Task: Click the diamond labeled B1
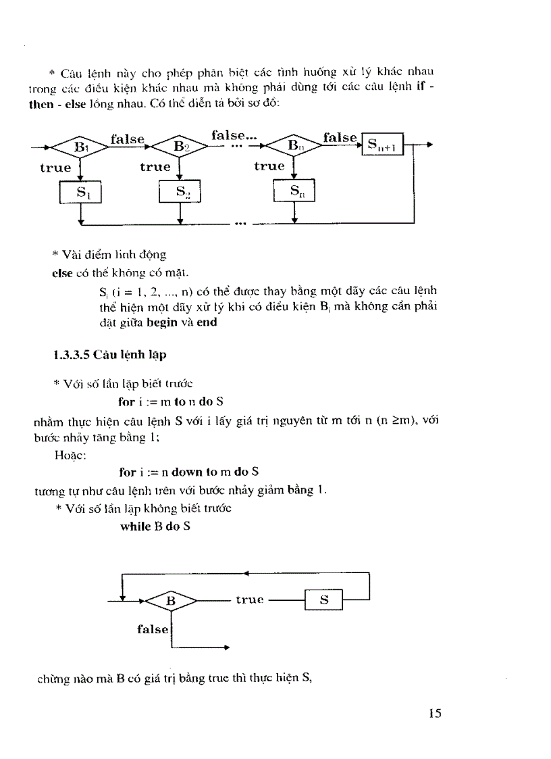point(80,147)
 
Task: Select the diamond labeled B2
point(179,147)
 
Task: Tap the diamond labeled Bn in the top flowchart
point(293,146)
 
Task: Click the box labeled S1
point(80,193)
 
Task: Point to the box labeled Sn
point(294,192)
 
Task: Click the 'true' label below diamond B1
point(55,168)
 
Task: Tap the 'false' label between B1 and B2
point(128,139)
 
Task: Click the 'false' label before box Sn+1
point(340,137)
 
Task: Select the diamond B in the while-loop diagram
point(171,600)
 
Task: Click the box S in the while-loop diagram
point(323,599)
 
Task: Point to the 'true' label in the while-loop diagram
point(249,600)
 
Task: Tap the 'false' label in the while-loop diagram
point(153,629)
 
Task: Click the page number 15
point(434,713)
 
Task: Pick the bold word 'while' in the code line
point(136,526)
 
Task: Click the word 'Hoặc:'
point(69,455)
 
